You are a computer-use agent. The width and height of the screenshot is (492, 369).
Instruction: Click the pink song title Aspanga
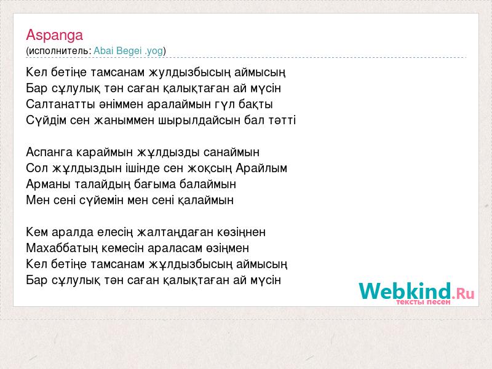(54, 36)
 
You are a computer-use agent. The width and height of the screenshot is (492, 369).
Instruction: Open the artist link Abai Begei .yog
(129, 50)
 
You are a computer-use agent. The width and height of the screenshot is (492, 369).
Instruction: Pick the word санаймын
(231, 153)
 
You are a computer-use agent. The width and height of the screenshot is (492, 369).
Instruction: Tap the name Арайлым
(261, 168)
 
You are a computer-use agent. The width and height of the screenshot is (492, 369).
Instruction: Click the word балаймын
(208, 184)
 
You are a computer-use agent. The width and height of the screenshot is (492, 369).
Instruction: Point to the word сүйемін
(101, 200)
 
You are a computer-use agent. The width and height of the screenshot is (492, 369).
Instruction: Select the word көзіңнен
(241, 232)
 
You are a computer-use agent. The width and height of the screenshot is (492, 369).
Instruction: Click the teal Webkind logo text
(405, 291)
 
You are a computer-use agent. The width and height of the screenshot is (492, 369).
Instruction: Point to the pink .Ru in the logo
(464, 294)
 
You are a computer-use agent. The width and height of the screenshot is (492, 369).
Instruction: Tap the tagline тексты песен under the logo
(423, 302)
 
